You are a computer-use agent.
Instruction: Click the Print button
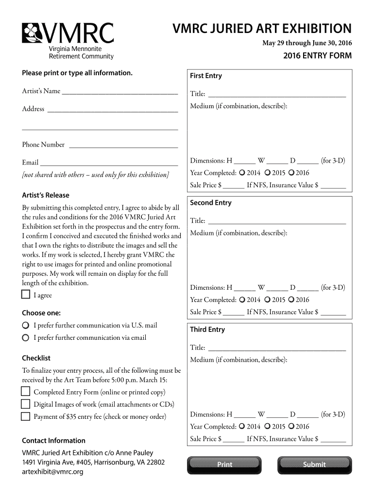(224, 464)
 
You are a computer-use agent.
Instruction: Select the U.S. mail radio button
(25, 325)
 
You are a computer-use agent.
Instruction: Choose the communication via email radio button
(25, 338)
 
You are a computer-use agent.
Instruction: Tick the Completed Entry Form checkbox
(25, 392)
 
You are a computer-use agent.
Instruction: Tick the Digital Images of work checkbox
(25, 404)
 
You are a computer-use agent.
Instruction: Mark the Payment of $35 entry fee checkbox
(25, 416)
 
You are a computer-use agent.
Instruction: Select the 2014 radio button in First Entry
(241, 173)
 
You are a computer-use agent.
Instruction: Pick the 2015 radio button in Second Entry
(267, 299)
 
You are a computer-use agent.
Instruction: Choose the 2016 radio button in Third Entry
(291, 427)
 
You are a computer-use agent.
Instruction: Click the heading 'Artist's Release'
(46, 195)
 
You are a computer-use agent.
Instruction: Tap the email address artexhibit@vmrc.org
(53, 472)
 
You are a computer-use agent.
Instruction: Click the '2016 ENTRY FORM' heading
(317, 55)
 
